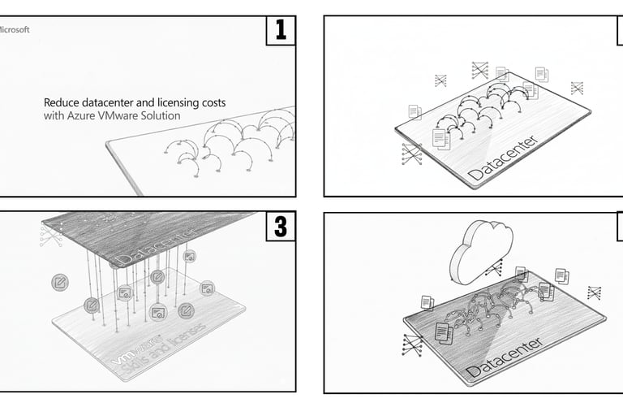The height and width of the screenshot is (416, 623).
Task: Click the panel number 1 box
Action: click(x=281, y=31)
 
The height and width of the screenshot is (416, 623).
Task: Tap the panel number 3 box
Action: click(x=281, y=227)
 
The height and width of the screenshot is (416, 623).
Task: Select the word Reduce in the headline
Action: click(x=62, y=103)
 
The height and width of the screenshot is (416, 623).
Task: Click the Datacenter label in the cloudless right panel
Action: click(x=503, y=158)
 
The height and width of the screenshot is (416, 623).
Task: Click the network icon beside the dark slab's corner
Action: click(x=49, y=236)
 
